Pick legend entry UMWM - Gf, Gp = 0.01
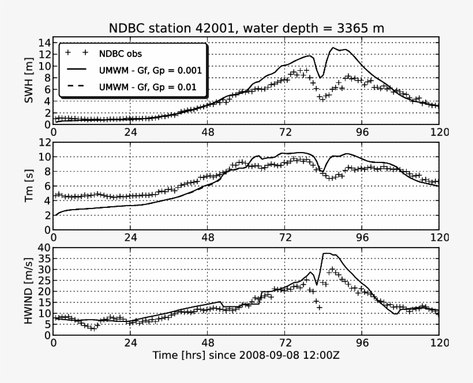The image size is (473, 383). coord(148,88)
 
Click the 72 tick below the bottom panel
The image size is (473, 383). coord(285,343)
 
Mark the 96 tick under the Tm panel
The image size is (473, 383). coord(362,237)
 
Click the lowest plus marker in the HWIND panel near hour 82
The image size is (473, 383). coord(319,308)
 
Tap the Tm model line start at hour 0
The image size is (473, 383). coord(54,215)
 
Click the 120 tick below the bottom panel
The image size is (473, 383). coord(438,343)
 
